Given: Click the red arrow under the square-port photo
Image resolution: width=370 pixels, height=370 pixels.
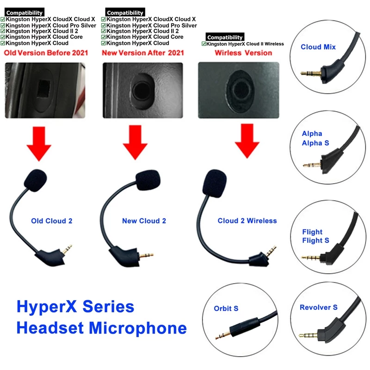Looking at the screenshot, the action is [39, 143].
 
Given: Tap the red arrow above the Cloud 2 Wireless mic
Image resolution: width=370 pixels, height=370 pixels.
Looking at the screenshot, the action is [247, 141].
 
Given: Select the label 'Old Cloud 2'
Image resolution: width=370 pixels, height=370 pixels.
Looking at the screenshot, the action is [52, 221].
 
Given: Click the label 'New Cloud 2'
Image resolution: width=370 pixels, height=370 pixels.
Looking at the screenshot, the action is [144, 221].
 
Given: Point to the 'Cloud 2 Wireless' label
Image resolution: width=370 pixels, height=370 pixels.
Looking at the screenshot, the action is [247, 221].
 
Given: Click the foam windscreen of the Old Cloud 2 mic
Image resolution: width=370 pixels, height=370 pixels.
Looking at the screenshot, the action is [36, 180].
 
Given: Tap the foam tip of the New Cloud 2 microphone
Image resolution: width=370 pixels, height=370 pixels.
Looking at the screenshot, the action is [148, 180].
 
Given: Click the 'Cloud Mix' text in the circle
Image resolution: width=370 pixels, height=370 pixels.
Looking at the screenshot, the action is [318, 47].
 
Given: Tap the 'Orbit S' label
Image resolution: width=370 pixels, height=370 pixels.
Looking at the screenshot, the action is [226, 308].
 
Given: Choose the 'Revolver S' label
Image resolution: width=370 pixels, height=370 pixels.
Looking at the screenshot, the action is [319, 307].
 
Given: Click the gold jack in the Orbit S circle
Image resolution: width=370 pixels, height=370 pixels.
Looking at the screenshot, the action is [223, 335].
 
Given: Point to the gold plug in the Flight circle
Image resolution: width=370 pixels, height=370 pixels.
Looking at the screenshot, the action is [310, 258].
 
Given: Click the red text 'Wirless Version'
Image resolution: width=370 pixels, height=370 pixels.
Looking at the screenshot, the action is [243, 53].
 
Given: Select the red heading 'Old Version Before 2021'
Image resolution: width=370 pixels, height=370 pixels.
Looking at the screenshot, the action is [46, 53].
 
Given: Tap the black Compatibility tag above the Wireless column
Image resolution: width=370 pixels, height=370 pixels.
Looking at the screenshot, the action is [225, 37].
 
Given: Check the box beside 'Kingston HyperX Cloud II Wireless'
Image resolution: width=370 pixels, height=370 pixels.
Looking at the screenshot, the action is [204, 44].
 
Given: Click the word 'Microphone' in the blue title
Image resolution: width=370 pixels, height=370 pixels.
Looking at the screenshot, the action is [138, 328].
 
